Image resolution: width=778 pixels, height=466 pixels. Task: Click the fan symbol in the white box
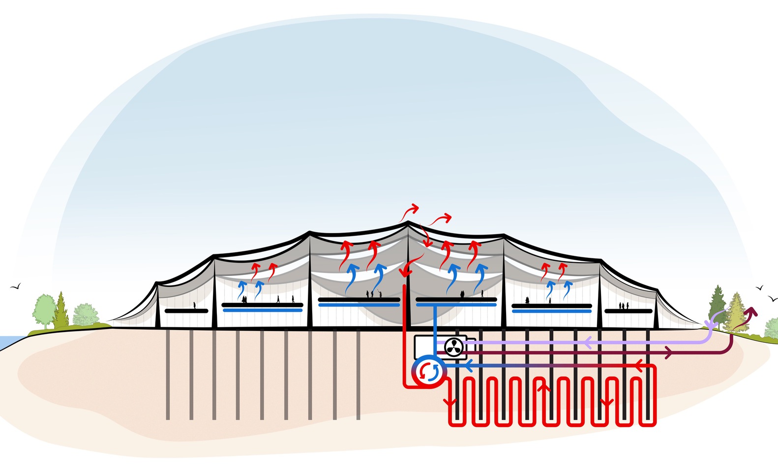[454, 347]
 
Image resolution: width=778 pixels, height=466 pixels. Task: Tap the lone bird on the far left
[15, 286]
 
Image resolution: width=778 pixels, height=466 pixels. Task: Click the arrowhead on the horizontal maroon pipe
[668, 352]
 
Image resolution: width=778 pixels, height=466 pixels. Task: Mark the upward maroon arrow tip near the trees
[752, 311]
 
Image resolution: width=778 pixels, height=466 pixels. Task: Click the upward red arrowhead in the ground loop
[545, 388]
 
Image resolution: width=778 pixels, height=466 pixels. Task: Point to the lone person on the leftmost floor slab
[194, 306]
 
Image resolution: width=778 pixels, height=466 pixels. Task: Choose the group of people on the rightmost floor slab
[623, 306]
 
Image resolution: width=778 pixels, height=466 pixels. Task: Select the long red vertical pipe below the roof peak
[404, 334]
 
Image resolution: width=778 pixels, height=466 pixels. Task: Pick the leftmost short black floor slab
[186, 311]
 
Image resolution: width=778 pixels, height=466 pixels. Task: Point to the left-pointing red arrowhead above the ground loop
[639, 365]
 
